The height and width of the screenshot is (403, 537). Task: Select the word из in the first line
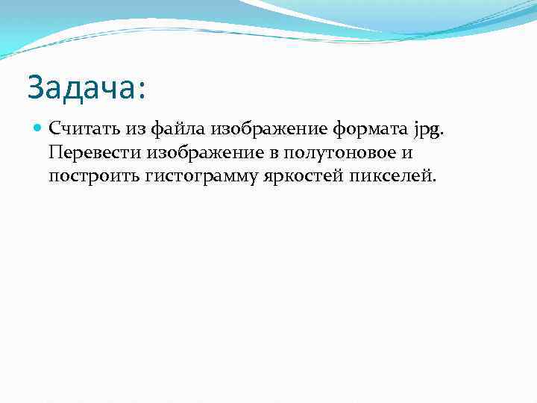click(x=136, y=129)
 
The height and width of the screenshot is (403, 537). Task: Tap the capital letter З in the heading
click(x=36, y=88)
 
